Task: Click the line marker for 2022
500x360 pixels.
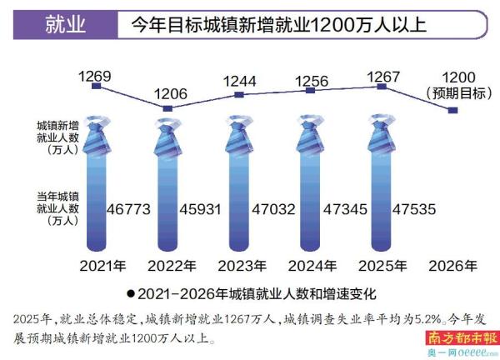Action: (x=168, y=108)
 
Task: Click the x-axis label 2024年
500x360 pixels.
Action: (x=311, y=267)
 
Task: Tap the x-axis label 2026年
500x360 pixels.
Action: (x=453, y=267)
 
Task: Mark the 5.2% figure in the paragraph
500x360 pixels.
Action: (x=432, y=317)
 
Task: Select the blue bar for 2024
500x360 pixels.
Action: (x=310, y=200)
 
